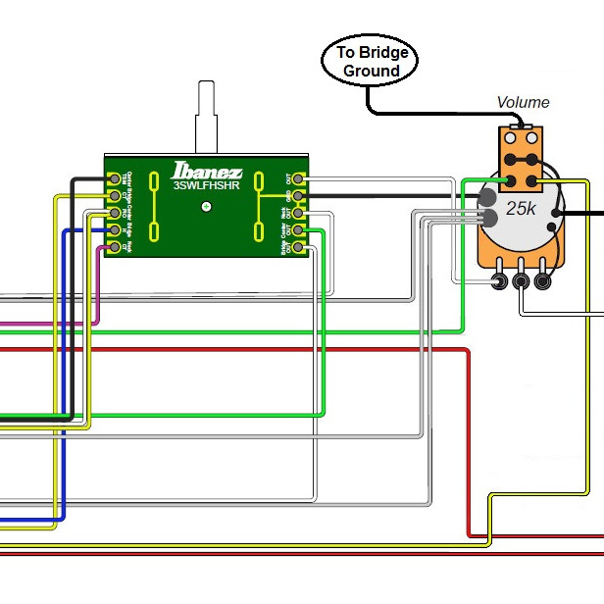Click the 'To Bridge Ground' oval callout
click(x=370, y=61)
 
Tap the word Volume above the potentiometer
click(x=523, y=102)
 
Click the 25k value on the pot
click(x=521, y=210)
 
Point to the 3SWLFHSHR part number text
click(x=206, y=184)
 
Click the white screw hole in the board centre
click(x=206, y=207)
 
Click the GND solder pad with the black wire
click(x=299, y=195)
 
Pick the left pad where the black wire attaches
click(x=115, y=179)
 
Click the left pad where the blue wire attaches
click(x=115, y=230)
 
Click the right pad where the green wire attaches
click(x=299, y=230)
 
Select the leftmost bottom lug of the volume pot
click(x=501, y=282)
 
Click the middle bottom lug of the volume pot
click(x=522, y=282)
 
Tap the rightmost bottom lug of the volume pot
click(x=541, y=282)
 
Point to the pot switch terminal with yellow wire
click(x=532, y=180)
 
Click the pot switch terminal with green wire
click(x=511, y=180)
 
